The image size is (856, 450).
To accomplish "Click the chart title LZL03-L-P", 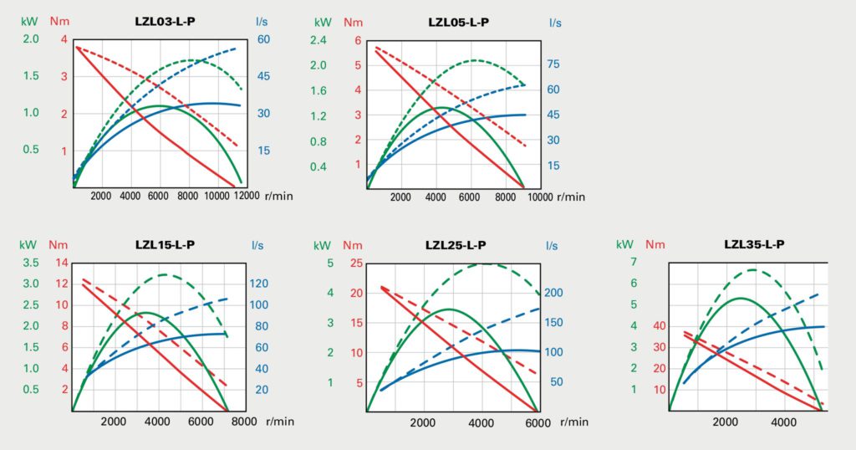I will [x=166, y=22].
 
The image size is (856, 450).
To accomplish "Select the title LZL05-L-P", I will [x=457, y=22].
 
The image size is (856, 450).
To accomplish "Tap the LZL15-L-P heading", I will [x=166, y=244].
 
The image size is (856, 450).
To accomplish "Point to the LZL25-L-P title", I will [x=456, y=244].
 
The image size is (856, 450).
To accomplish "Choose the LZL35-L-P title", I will [x=754, y=244].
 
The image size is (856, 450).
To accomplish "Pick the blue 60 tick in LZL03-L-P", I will [x=262, y=39].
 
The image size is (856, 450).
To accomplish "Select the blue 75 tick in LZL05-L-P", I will [x=553, y=64].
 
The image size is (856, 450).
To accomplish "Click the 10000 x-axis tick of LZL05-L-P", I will [x=539, y=197].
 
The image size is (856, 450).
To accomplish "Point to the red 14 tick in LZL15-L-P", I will [x=62, y=263].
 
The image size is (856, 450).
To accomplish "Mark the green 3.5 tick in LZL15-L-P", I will [x=30, y=263].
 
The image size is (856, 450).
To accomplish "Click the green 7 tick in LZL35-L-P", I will [x=634, y=263].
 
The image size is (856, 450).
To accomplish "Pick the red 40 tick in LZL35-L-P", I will [x=660, y=326].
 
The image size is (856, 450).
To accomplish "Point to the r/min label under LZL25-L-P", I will [x=571, y=422].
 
